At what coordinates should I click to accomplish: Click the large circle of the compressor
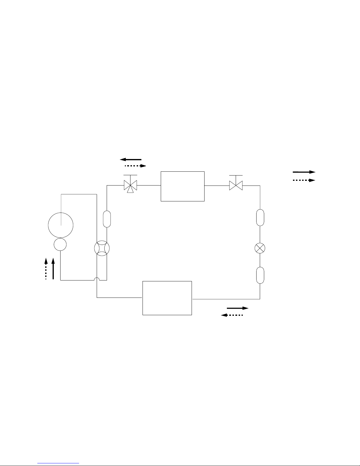click(x=61, y=225)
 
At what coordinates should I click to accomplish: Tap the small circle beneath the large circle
click(x=60, y=245)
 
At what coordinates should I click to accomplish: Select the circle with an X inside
click(x=260, y=248)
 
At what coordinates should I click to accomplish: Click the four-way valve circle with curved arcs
click(x=102, y=248)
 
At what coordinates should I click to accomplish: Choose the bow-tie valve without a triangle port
click(x=236, y=186)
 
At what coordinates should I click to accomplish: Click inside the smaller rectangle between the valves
click(x=182, y=186)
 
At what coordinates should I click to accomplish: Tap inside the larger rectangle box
click(x=167, y=298)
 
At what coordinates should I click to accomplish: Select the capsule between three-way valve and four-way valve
click(x=107, y=219)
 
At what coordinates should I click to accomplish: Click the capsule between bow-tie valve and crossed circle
click(x=260, y=218)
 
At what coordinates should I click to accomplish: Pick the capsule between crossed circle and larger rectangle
click(x=260, y=275)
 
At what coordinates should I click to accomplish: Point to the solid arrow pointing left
click(x=131, y=159)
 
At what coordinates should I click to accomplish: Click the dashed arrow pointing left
click(x=232, y=315)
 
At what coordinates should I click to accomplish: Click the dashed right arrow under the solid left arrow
click(x=135, y=166)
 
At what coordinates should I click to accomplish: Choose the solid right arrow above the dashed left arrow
click(x=238, y=308)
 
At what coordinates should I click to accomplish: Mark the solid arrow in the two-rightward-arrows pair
click(x=304, y=172)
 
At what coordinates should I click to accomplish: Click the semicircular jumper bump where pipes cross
click(x=97, y=279)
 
